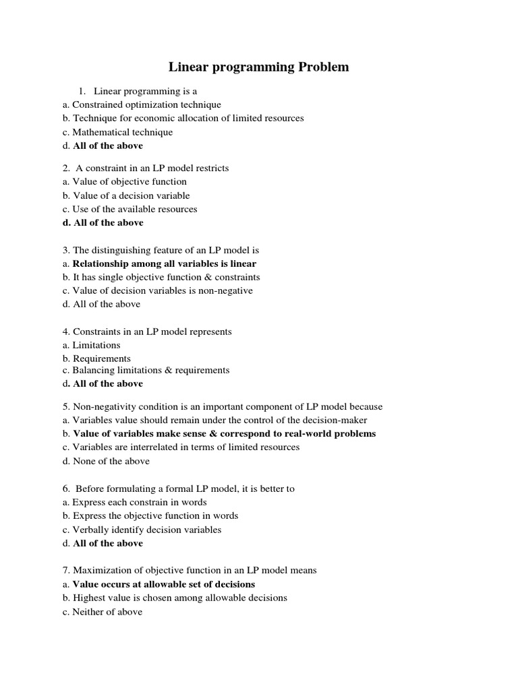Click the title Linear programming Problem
tap(258, 67)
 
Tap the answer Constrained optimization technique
tap(146, 104)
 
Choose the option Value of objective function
tap(129, 181)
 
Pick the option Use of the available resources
tap(134, 209)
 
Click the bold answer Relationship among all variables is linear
tap(165, 263)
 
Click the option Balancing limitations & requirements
tap(150, 370)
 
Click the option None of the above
tap(111, 461)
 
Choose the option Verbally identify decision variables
tap(146, 530)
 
